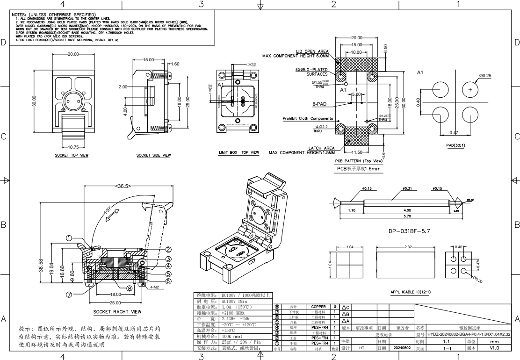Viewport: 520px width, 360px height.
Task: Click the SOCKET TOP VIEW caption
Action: pos(72,155)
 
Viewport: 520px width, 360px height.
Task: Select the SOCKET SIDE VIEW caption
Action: pos(153,155)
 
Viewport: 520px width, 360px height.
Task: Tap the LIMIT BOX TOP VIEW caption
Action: pos(238,152)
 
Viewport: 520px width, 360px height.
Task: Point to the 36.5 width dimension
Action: pos(123,186)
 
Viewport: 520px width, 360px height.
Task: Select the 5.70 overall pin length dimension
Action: pos(407,216)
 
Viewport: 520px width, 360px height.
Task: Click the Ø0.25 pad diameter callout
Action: pos(484,76)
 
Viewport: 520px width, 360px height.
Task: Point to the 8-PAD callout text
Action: pos(319,104)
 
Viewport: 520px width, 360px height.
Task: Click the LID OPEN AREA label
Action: pos(312,51)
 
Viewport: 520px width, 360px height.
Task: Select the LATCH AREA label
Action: pos(321,148)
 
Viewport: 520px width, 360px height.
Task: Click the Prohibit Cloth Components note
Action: pos(308,118)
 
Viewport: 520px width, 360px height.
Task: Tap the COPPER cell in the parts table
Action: pos(318,307)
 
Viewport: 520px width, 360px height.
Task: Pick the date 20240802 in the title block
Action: pos(402,348)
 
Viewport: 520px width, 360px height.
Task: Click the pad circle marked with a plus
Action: pos(470,89)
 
